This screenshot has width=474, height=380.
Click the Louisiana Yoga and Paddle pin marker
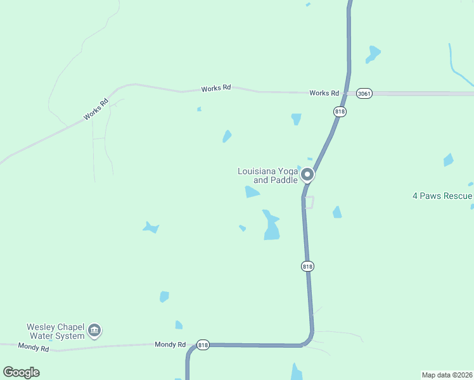tap(307, 174)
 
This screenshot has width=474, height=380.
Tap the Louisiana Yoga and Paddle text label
tap(267, 175)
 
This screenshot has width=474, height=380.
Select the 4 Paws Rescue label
tap(442, 196)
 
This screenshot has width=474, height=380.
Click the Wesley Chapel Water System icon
tap(94, 330)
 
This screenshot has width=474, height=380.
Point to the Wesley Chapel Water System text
tap(55, 331)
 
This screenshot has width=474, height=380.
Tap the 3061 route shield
tap(364, 93)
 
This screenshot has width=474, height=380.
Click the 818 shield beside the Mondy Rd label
tap(203, 345)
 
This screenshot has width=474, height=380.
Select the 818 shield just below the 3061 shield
tap(340, 111)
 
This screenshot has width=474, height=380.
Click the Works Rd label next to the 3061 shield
tap(324, 93)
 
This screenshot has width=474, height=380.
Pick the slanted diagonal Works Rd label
tap(96, 110)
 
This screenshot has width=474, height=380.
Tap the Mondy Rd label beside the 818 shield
tap(170, 345)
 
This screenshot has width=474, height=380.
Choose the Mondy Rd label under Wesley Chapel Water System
tap(34, 347)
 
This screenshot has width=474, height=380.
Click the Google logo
tap(21, 372)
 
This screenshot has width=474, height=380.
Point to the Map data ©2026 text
tap(446, 374)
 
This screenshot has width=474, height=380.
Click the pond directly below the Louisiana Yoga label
tap(252, 192)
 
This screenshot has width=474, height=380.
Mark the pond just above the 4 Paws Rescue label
tap(449, 160)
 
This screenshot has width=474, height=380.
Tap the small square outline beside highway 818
tap(309, 202)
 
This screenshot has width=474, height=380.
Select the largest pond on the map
tap(271, 225)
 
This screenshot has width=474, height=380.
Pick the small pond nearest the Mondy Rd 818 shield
tap(179, 325)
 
